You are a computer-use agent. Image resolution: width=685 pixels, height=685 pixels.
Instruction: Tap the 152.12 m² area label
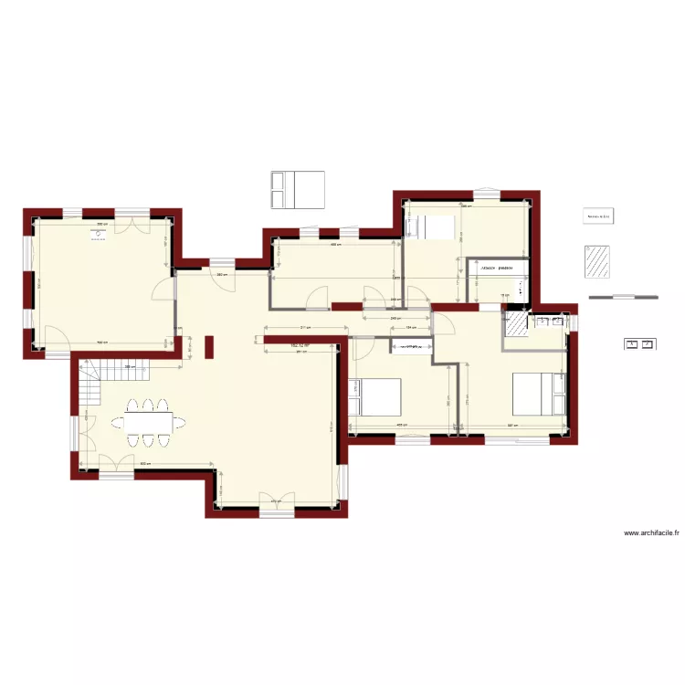(x=300, y=346)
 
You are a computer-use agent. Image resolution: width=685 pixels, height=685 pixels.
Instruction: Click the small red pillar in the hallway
(x=209, y=347)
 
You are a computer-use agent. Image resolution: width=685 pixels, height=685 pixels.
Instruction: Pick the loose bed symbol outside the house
(x=297, y=189)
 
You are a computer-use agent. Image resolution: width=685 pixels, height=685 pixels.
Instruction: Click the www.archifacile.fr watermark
(x=651, y=534)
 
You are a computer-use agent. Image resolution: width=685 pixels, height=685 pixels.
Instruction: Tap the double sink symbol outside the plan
(x=638, y=343)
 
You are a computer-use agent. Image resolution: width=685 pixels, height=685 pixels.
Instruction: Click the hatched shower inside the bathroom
(x=517, y=326)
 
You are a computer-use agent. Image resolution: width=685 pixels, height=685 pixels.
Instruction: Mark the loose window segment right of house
(x=623, y=296)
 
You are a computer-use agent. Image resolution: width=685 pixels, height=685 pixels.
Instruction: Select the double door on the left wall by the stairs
(x=82, y=426)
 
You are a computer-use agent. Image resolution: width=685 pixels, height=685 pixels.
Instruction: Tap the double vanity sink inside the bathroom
(x=549, y=321)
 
